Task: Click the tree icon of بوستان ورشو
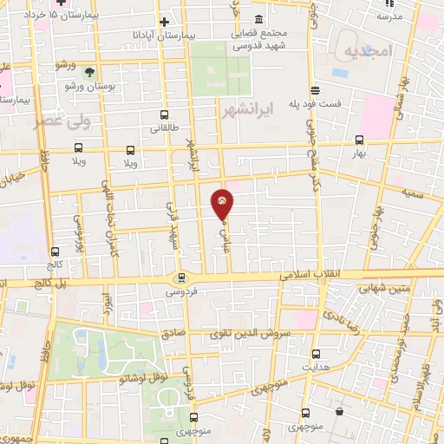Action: click(90, 71)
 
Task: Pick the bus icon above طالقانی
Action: click(165, 114)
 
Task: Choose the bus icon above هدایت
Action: click(316, 354)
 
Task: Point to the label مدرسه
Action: click(390, 16)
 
